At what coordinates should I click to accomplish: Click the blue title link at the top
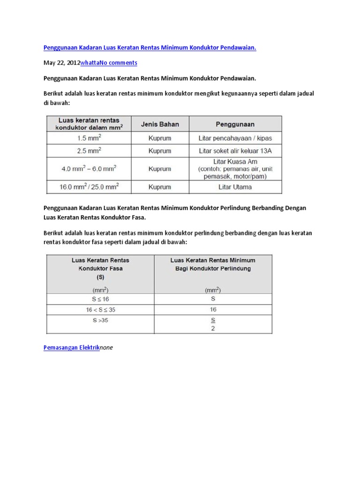[x=150, y=47]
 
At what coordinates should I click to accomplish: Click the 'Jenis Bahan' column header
[x=160, y=124]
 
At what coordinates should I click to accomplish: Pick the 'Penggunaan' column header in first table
[x=235, y=124]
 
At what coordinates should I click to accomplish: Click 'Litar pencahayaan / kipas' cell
[x=235, y=138]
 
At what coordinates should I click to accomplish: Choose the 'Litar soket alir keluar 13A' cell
[x=235, y=151]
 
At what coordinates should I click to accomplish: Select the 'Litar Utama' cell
[x=235, y=187]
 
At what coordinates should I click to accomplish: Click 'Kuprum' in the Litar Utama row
[x=160, y=187]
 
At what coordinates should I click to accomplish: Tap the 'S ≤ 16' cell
[x=100, y=299]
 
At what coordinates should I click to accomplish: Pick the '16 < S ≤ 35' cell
[x=100, y=310]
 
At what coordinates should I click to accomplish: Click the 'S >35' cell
[x=100, y=321]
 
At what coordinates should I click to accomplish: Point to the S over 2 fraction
[x=213, y=324]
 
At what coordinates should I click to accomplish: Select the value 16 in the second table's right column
[x=213, y=310]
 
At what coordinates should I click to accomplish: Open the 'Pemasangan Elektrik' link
[x=71, y=348]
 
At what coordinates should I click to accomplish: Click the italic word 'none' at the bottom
[x=106, y=348]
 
